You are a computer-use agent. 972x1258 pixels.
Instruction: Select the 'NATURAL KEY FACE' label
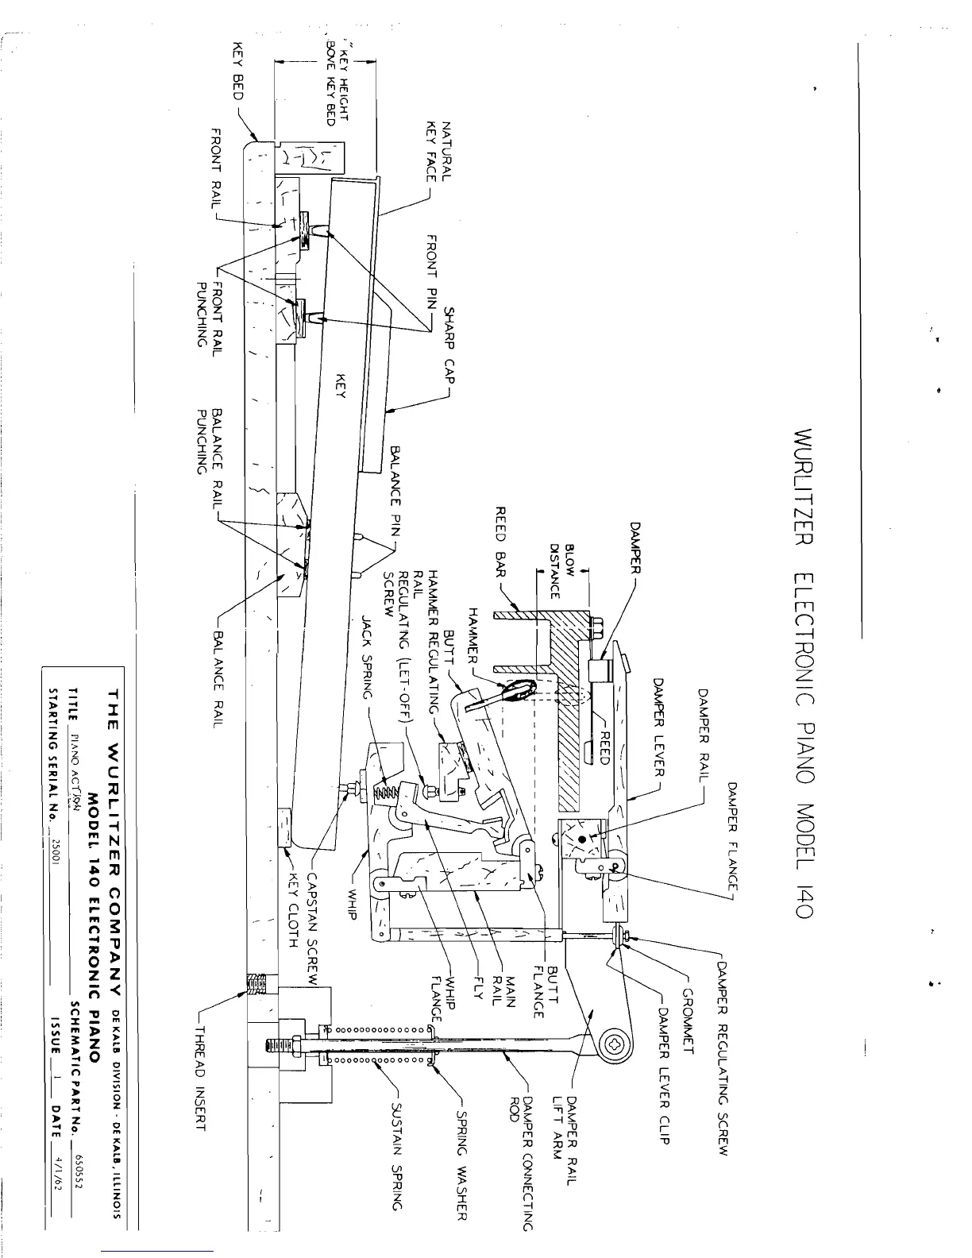point(439,150)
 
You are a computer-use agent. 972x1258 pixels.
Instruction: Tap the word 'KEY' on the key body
point(342,387)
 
